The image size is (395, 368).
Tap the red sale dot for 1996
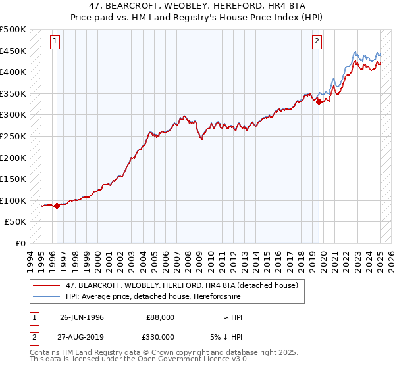click(x=57, y=206)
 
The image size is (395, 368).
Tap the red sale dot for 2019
click(x=319, y=102)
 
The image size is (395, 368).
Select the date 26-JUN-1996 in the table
click(x=82, y=317)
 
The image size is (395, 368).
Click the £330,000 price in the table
click(x=160, y=336)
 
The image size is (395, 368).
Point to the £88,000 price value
click(x=160, y=317)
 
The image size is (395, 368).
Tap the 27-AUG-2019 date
click(x=82, y=336)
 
